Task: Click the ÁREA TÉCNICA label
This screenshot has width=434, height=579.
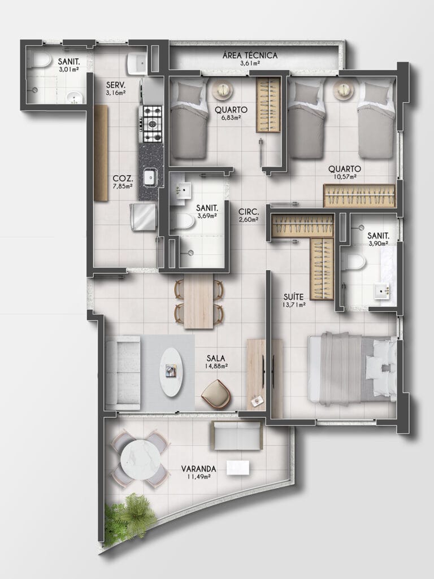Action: [250, 55]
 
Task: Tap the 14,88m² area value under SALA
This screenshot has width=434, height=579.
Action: [216, 366]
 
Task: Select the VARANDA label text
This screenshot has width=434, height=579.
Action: [199, 469]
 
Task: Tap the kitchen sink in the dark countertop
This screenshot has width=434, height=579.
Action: [150, 177]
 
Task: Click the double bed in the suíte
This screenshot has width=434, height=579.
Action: [352, 367]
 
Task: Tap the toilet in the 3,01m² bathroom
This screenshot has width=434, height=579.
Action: [41, 60]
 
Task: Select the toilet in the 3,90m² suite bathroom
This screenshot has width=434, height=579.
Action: [354, 262]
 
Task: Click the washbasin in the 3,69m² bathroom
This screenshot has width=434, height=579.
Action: [182, 190]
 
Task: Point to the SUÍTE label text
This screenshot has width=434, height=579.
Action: [294, 297]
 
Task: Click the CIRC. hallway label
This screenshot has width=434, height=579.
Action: [249, 212]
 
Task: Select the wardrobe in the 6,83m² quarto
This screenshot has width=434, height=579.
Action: [268, 105]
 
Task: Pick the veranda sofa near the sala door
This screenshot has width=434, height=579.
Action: [236, 436]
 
